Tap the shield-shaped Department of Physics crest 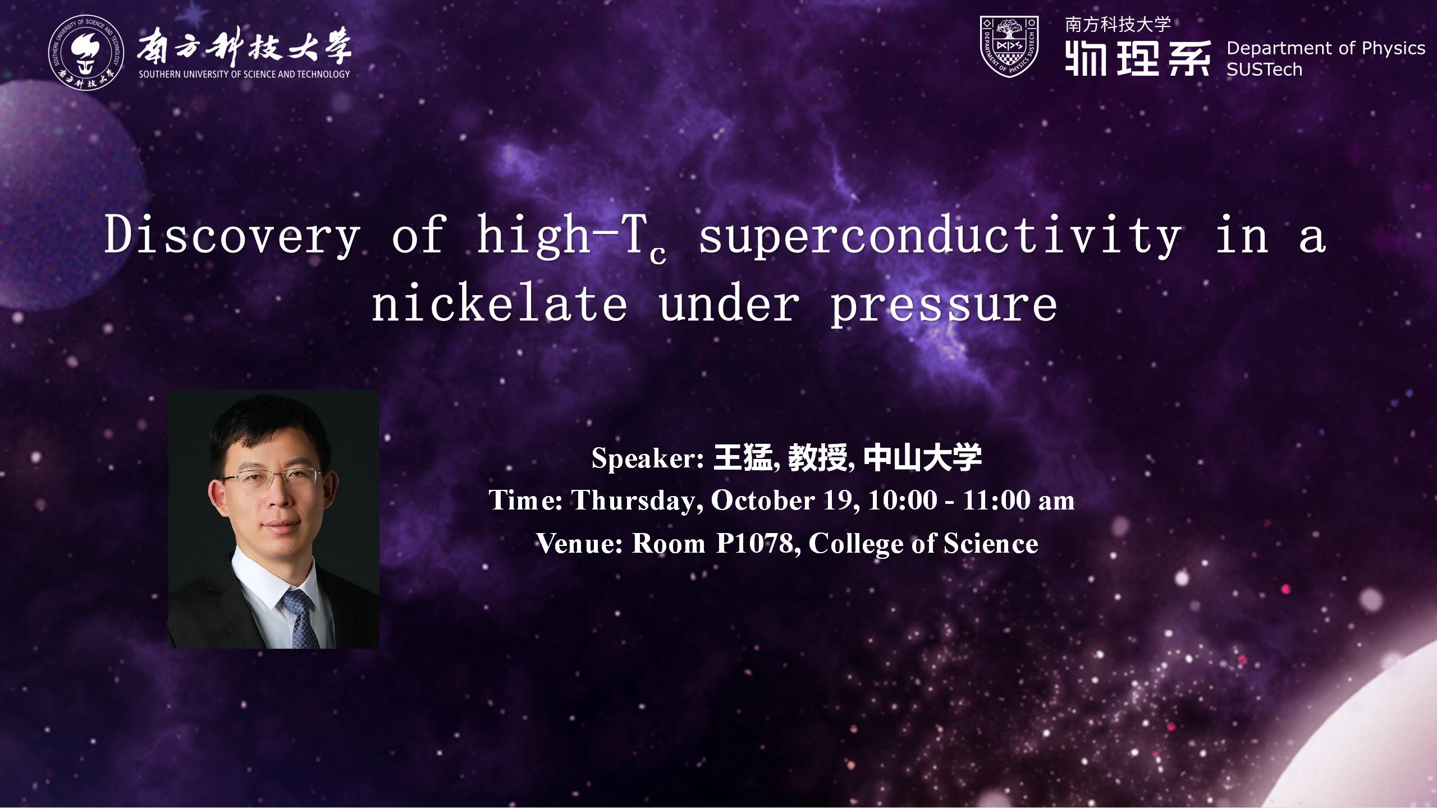click(x=1009, y=46)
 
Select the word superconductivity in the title click(x=940, y=236)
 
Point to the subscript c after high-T click(x=658, y=255)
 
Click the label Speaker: click(x=648, y=458)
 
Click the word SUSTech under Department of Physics click(x=1264, y=70)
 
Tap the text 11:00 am click(x=1018, y=500)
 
